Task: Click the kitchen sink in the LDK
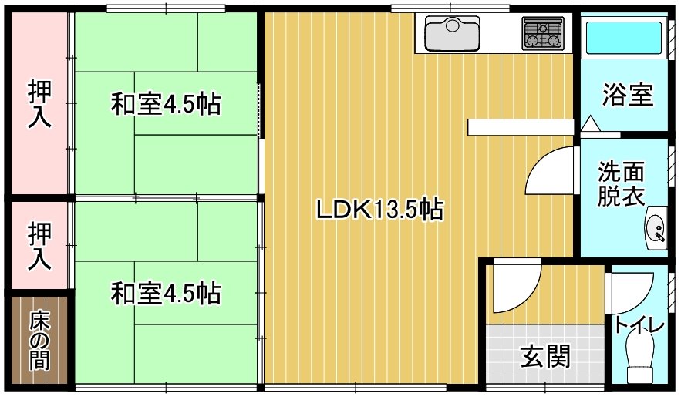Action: [453, 33]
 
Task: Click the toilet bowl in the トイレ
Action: [639, 362]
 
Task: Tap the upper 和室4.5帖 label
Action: [166, 103]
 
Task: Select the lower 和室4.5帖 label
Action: [166, 293]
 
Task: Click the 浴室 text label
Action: [627, 96]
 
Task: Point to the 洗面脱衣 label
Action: [622, 183]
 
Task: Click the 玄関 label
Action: [545, 356]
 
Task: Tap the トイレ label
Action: [639, 326]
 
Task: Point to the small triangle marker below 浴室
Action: [590, 123]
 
